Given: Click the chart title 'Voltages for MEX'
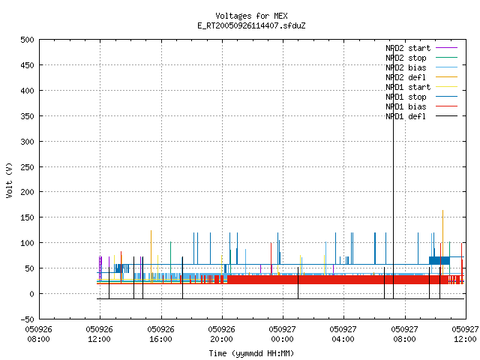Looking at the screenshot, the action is tap(251, 16).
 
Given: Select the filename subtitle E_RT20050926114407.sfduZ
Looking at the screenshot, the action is tap(251, 25).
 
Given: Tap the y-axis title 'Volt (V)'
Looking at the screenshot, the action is tap(9, 180).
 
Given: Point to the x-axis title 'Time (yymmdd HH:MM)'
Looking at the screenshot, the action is tap(251, 353).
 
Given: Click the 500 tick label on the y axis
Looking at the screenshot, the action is tap(27, 40).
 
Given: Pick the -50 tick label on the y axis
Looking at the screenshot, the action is tap(27, 319).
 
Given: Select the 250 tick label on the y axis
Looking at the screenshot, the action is tap(27, 167).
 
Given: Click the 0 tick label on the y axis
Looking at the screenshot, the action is tap(31, 294).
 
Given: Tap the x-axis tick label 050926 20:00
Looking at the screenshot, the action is tap(222, 334).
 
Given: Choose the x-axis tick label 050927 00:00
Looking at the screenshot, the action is tap(282, 334).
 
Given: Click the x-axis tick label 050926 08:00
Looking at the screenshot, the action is tap(38, 334).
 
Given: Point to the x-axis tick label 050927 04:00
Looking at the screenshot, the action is tap(343, 334).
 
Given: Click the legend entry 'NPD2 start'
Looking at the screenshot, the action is tap(421, 48).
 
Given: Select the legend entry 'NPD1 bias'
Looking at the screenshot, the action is tap(421, 106).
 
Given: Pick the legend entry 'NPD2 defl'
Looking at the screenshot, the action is tap(421, 77).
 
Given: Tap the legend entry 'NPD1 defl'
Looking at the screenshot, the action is tap(421, 116).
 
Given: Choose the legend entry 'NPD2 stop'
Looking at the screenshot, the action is tap(421, 58).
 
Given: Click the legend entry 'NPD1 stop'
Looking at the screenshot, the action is tap(421, 97).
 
